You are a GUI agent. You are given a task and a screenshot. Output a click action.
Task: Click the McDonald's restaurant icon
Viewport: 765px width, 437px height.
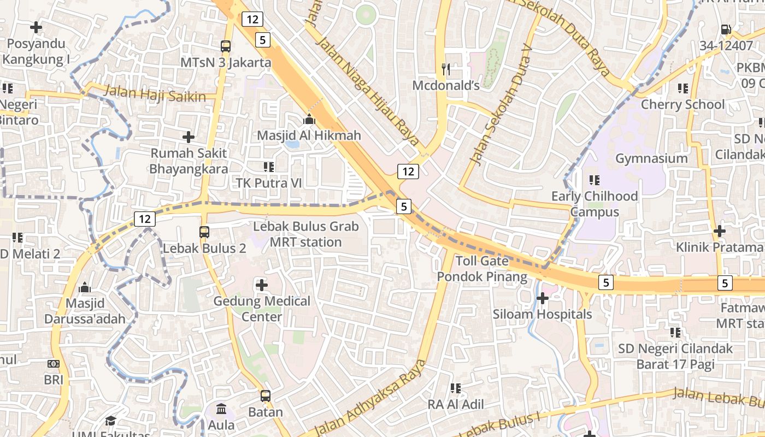(446, 69)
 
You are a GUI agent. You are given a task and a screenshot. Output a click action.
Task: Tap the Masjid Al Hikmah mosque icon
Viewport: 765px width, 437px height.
(309, 119)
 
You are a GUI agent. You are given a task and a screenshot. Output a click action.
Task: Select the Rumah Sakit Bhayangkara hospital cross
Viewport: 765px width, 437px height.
(189, 137)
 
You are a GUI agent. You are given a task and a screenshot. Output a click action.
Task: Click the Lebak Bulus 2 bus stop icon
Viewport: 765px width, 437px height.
(204, 232)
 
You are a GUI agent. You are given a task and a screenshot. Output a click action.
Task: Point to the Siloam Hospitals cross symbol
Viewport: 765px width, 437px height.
(542, 298)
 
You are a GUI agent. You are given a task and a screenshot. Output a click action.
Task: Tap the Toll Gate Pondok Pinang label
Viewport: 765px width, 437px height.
(482, 269)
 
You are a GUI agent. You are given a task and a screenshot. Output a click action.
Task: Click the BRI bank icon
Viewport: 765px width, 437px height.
(54, 363)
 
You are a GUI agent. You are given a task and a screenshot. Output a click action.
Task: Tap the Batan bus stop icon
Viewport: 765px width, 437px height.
(266, 396)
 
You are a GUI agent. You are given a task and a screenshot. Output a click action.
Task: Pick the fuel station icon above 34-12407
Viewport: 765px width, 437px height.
(726, 29)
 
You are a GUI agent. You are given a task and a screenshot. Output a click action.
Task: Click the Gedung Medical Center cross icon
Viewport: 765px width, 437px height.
(262, 285)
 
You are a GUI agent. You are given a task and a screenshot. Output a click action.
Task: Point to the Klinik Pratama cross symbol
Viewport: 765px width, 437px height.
(720, 231)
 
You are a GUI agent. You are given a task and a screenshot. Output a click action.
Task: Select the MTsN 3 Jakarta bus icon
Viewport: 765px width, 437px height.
(226, 46)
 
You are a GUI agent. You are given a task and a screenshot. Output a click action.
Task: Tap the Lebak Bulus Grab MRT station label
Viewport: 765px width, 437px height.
(305, 234)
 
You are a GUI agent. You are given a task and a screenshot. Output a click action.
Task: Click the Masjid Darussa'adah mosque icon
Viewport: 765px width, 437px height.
(85, 287)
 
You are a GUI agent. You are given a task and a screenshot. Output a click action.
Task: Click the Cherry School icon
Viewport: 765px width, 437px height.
(682, 88)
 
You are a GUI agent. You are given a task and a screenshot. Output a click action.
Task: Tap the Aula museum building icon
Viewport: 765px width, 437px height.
(222, 409)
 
